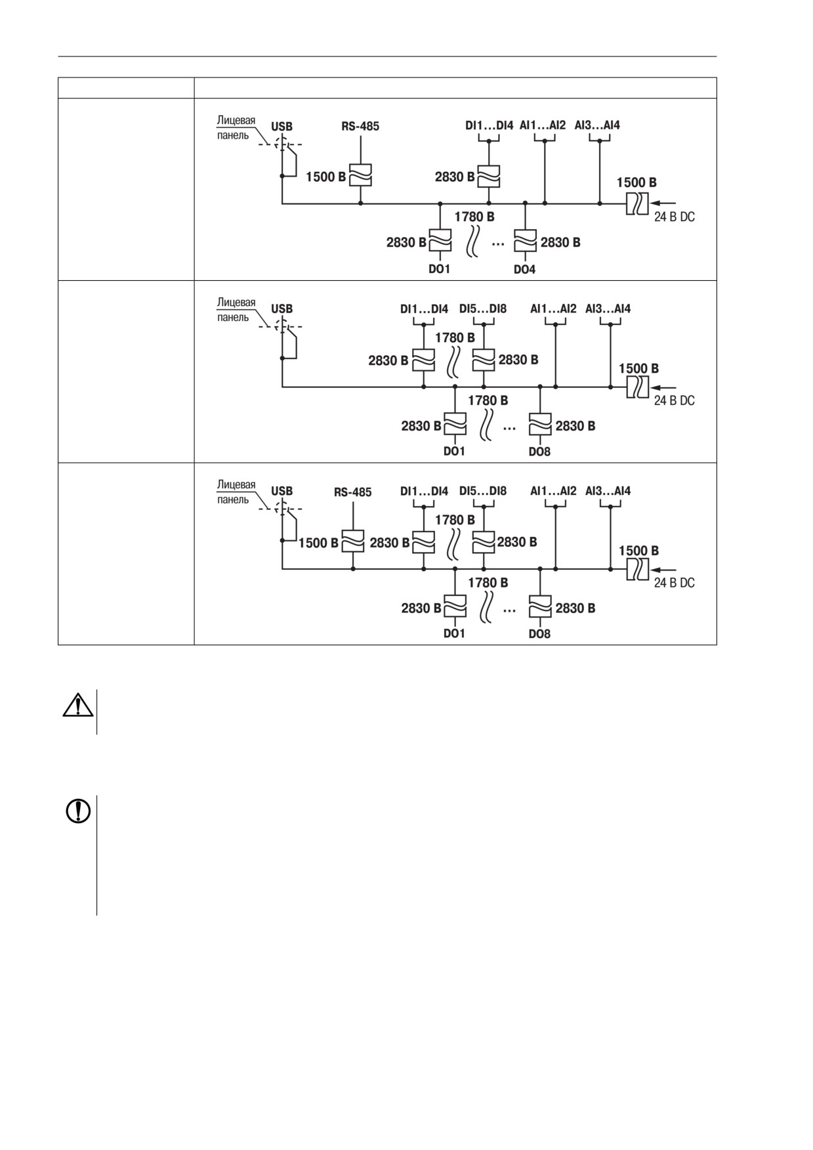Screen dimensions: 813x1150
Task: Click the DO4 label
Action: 524,269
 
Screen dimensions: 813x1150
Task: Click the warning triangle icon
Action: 77,704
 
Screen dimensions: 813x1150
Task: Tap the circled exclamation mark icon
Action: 78,811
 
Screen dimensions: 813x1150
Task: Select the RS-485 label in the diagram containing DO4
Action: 360,126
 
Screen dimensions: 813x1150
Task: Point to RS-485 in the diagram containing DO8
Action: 353,492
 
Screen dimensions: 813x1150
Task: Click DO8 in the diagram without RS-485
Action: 539,452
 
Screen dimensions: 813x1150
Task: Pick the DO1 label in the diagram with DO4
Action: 438,269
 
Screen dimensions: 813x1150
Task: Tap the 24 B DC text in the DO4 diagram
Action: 674,217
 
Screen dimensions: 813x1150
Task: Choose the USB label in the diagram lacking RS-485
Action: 282,309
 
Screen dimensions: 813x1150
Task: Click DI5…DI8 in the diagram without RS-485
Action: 483,309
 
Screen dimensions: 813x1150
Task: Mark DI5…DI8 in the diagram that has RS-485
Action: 483,491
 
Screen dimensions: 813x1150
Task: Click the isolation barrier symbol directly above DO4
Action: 525,240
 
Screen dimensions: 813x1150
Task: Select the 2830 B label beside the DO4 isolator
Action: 560,243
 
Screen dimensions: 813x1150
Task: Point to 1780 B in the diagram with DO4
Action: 474,217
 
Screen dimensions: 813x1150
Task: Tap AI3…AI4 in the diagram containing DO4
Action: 597,125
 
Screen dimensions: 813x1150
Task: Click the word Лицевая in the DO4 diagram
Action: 236,120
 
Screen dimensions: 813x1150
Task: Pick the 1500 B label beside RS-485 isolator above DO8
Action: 318,543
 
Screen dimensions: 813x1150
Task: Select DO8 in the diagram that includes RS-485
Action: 539,634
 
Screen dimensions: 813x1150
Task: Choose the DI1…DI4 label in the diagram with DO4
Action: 490,125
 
